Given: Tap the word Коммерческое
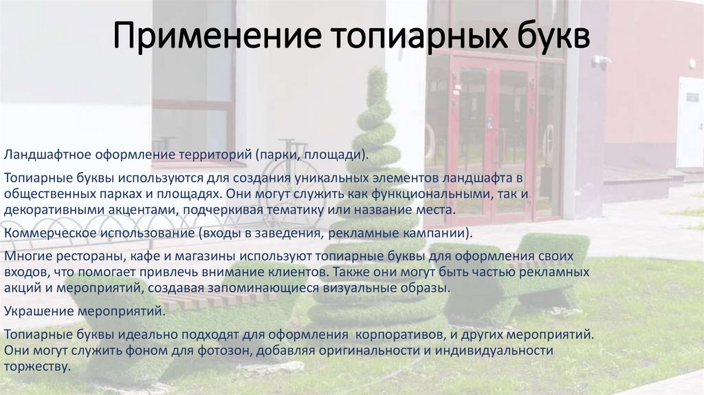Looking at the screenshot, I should [x=45, y=233].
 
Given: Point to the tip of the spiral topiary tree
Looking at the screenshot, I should [x=376, y=71].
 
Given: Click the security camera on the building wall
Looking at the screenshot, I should [x=601, y=60].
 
